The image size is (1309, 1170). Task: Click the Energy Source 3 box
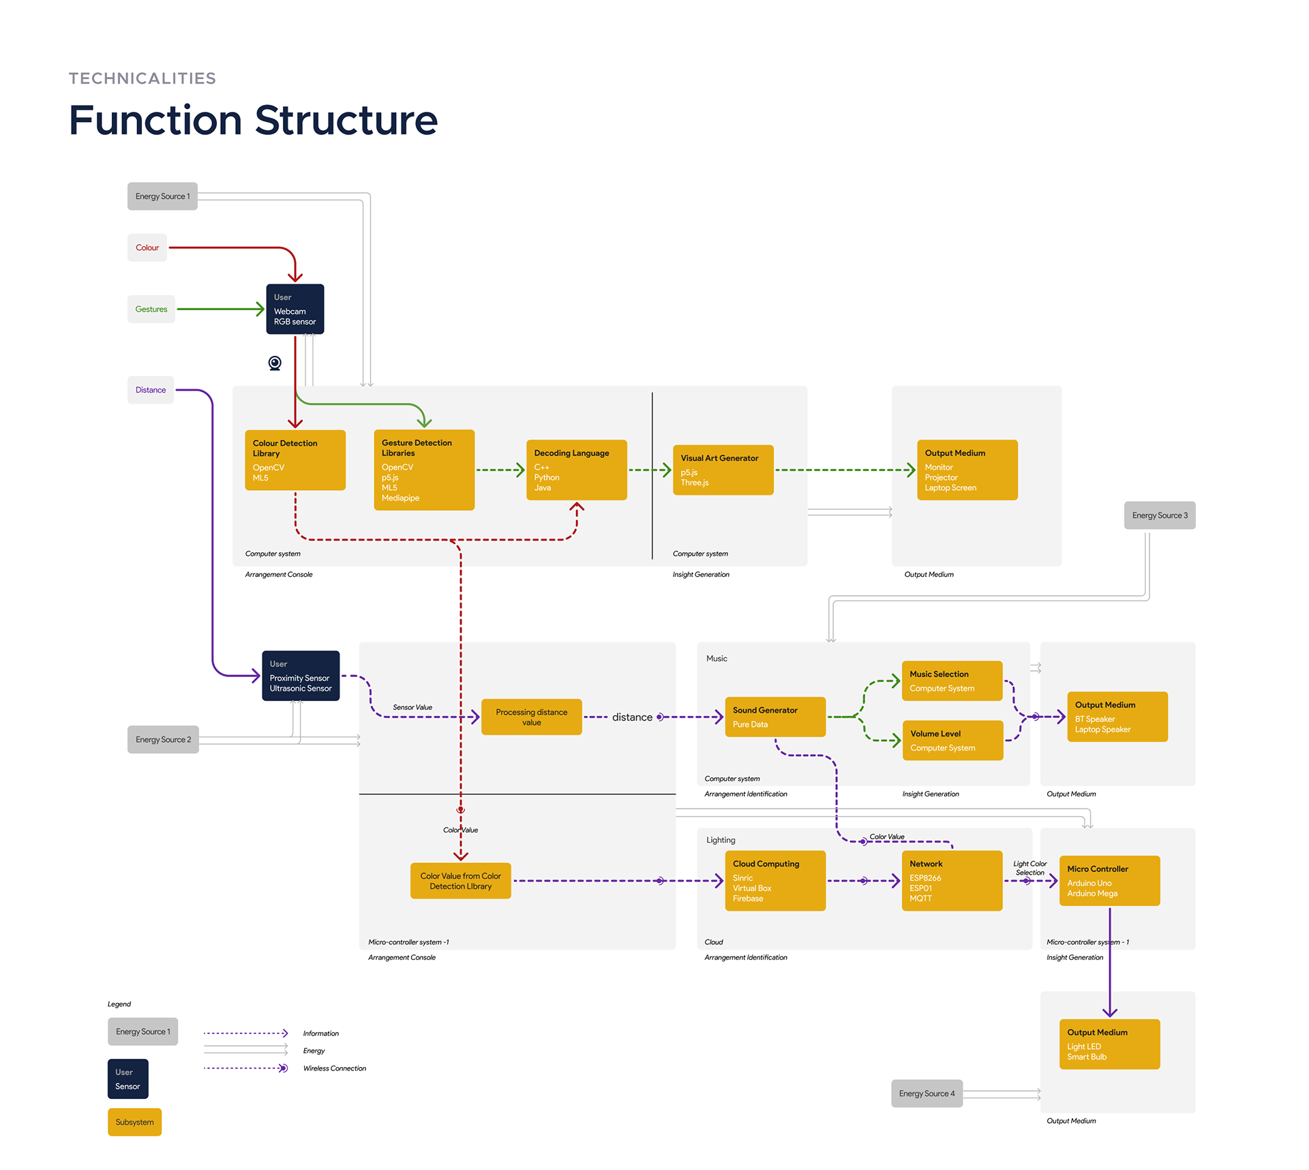(x=1159, y=515)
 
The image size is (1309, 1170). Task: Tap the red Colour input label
(x=147, y=247)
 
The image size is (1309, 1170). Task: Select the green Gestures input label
(x=151, y=309)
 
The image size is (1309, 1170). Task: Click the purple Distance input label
(x=151, y=390)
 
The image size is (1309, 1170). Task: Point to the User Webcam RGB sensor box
(x=295, y=310)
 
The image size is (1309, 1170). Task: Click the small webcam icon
(x=275, y=363)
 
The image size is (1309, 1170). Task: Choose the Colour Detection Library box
(x=295, y=460)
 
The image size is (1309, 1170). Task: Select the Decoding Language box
(x=576, y=470)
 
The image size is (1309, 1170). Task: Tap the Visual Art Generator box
(x=723, y=470)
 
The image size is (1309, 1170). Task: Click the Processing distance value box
(x=531, y=717)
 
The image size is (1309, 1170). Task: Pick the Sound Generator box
(x=775, y=717)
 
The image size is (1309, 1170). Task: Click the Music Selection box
(x=952, y=680)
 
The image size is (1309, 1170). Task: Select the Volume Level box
(x=952, y=740)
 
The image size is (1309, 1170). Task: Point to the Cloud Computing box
(x=775, y=880)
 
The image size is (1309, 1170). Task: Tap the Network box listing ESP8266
(x=952, y=880)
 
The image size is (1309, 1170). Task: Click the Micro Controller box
(x=1109, y=880)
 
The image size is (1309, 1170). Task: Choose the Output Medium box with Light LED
(x=1109, y=1044)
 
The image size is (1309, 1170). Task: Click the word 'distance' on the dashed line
(x=632, y=717)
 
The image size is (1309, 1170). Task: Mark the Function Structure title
(x=253, y=120)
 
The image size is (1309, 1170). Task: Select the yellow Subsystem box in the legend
(x=134, y=1122)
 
